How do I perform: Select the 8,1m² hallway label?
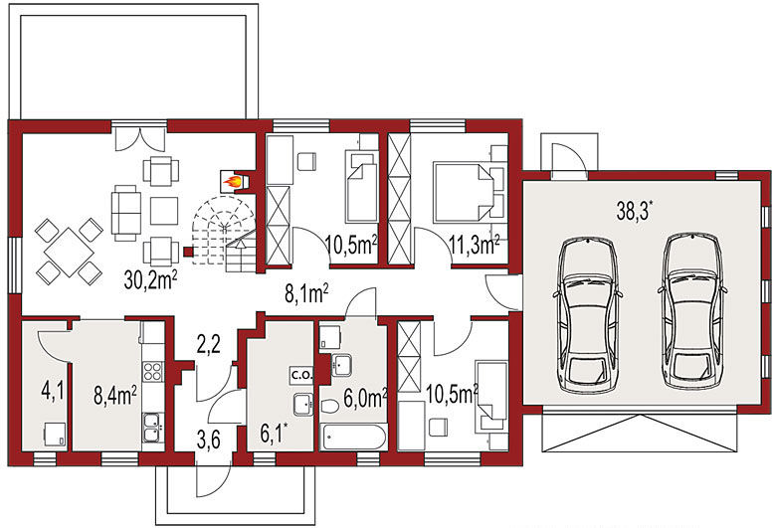(x=307, y=292)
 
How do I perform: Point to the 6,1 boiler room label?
(x=274, y=435)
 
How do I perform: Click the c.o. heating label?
(x=301, y=375)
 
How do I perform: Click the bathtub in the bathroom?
(x=353, y=437)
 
